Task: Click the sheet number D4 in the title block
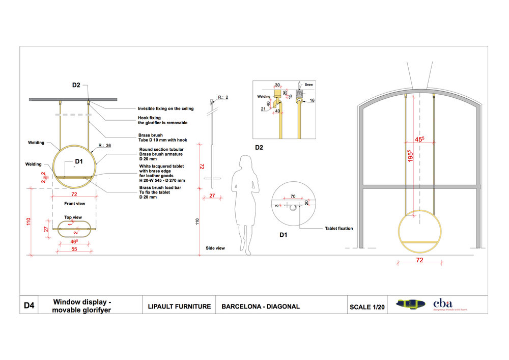coord(29,306)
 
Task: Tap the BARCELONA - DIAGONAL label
coord(261,307)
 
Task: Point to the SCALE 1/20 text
coord(367,307)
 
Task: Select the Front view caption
coord(74,204)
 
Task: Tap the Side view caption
coord(215,248)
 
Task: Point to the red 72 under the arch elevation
coord(420,260)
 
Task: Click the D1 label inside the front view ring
coord(79,161)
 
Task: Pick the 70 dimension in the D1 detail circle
coord(293,196)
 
